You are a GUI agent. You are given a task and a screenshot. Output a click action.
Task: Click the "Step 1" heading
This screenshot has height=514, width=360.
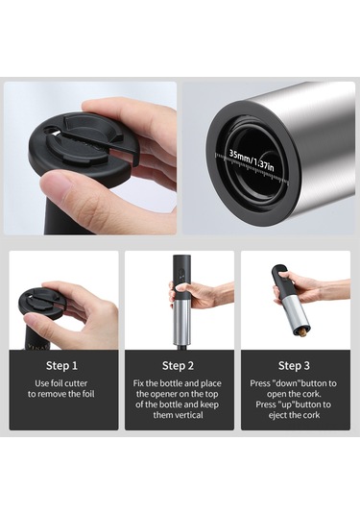63,365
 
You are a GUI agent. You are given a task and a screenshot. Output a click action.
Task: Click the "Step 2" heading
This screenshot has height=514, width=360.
179,365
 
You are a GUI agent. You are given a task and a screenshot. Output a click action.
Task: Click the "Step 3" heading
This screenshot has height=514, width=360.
294,365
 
